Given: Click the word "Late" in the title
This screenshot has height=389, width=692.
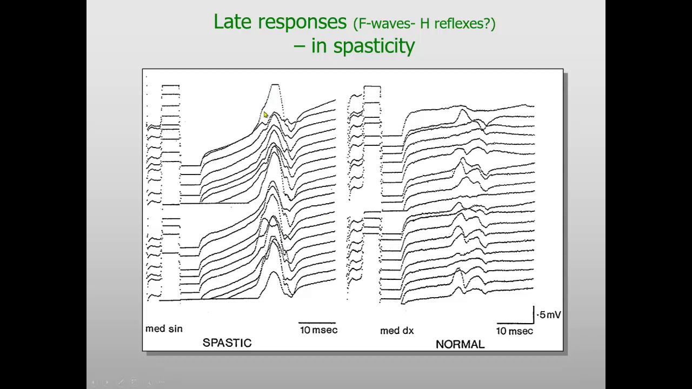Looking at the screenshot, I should tap(233, 22).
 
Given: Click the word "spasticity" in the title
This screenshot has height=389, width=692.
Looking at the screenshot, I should tap(374, 46).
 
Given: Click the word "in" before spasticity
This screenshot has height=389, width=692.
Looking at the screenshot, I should tap(319, 46).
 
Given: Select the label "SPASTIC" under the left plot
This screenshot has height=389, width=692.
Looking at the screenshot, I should tap(227, 343).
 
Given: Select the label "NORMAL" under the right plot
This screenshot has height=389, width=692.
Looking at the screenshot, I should tap(460, 344).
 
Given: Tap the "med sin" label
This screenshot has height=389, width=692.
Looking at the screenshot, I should tap(164, 328).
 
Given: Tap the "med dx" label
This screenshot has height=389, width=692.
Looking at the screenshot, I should tap(397, 331).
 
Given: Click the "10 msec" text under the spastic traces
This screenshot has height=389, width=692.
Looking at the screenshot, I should tap(318, 330).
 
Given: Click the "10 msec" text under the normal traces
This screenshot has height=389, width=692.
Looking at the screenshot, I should tap(514, 331).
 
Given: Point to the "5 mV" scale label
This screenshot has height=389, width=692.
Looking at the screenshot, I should tap(550, 315).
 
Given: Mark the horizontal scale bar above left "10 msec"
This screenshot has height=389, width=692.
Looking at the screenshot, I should tap(317, 323).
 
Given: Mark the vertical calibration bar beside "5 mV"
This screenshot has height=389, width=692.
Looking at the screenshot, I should tap(534, 314).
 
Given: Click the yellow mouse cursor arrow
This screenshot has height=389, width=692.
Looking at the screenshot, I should tap(265, 115).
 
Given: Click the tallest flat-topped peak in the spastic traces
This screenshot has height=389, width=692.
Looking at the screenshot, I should tap(275, 85).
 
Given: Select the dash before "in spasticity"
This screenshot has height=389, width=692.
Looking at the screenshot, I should tap(299, 47).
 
